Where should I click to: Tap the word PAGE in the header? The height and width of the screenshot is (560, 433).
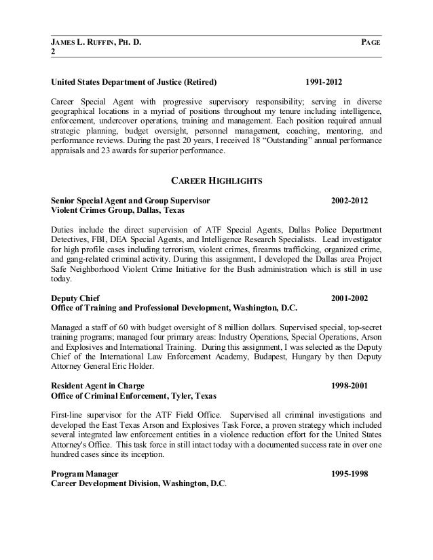[371, 43]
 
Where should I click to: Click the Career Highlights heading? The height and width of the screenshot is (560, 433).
[215, 181]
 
